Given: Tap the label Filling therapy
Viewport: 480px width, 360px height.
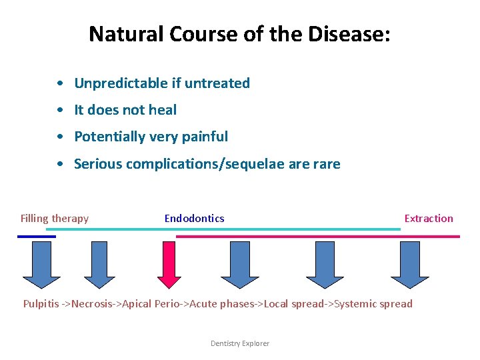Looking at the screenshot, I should click(x=55, y=218).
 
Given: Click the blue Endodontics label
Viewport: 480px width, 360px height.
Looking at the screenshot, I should click(x=194, y=218).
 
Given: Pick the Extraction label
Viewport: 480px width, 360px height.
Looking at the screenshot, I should click(x=428, y=218).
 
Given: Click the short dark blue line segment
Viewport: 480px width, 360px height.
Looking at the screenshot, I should click(x=37, y=236).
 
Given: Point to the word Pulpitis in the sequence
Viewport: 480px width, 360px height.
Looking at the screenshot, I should click(x=41, y=304).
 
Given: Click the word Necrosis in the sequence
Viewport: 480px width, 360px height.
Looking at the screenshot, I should click(x=93, y=304).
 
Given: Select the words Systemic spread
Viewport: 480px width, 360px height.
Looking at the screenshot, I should click(x=373, y=304).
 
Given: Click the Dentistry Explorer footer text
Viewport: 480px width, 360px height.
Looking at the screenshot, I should click(x=240, y=343).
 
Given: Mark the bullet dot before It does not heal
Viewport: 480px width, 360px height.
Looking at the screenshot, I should click(x=61, y=110).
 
